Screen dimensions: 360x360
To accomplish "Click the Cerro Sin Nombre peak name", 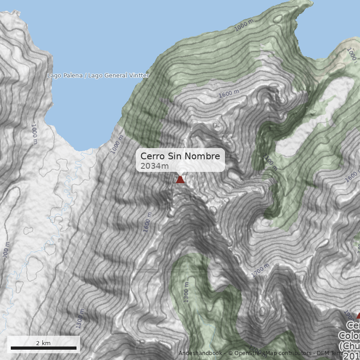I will coord(180,156).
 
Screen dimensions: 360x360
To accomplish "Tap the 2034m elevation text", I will coord(154,166).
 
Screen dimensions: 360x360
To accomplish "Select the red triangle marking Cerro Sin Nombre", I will coord(180,180).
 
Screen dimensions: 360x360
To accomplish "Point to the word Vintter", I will coord(137,76).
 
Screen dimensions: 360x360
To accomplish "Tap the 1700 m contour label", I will coord(260,270).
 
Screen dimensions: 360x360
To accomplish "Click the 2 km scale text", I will coord(43,343).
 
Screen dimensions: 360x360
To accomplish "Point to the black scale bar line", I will coord(43,348).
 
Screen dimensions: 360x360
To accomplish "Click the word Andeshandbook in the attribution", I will coord(200,353).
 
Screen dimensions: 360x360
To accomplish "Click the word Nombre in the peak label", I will coord(204,156).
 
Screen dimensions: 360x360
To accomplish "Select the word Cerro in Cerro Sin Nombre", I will coord(153,156).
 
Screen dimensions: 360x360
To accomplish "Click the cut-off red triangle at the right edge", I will coord(358,315).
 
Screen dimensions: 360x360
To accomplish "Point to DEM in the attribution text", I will coord(323,353).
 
